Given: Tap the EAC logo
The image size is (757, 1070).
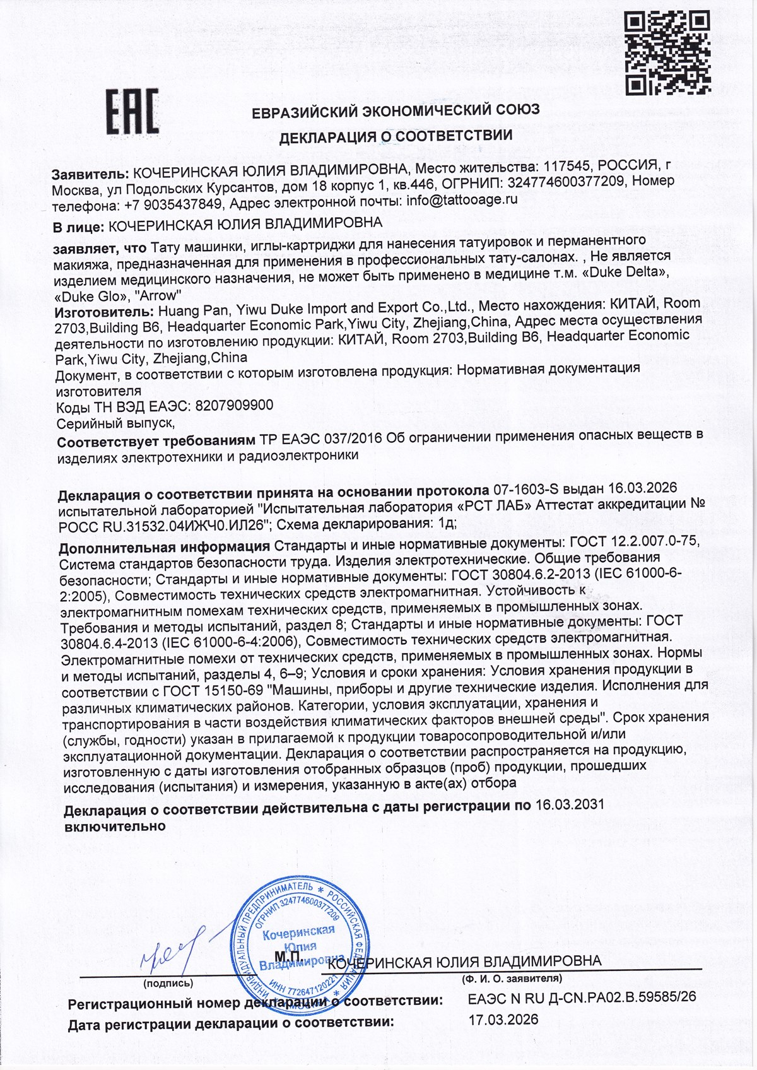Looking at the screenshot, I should (131, 112).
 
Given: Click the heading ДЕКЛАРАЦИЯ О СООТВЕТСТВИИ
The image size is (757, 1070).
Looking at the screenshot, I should (396, 136).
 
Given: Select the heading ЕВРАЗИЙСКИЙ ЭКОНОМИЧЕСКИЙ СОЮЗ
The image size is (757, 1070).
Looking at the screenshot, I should (396, 110).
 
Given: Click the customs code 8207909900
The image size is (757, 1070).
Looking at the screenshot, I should (234, 406).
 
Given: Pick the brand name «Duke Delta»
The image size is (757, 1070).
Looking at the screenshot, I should (630, 273).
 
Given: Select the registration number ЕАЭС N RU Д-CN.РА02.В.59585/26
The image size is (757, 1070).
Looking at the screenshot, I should (582, 997).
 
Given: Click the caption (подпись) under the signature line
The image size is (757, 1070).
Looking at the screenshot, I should (168, 983).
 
